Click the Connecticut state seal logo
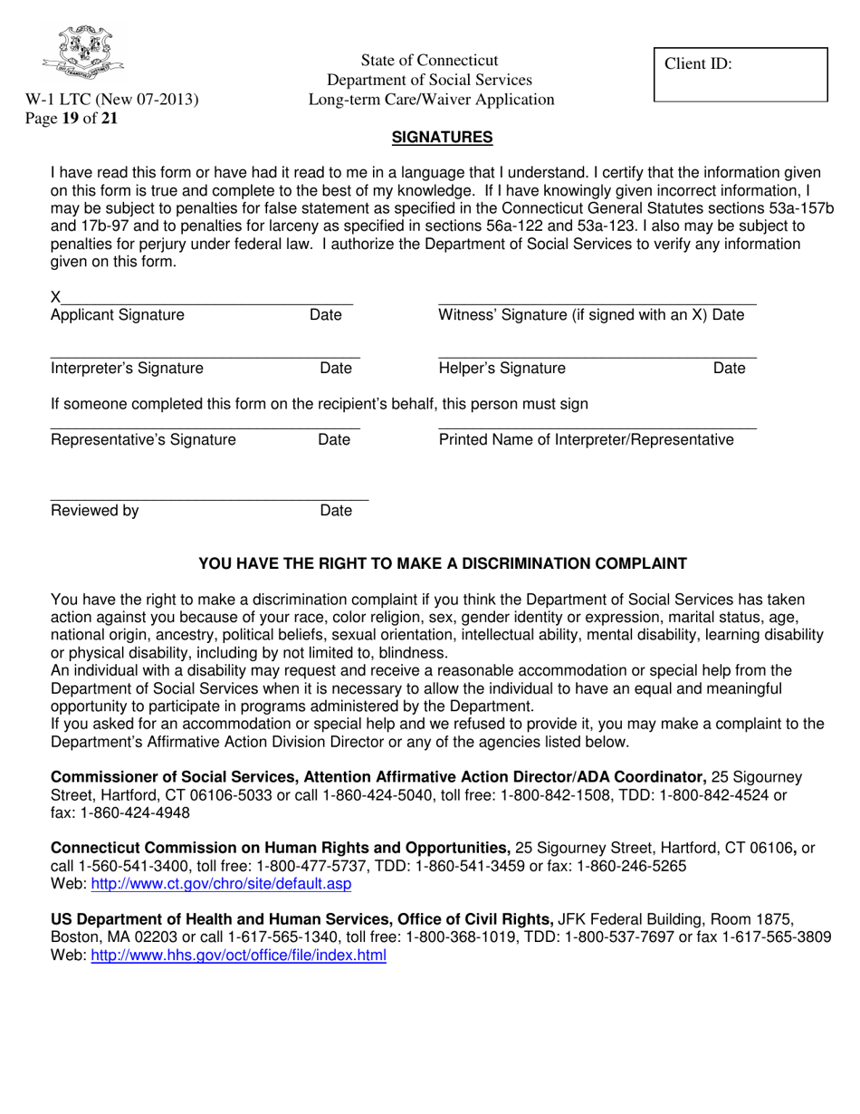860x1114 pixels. click(x=84, y=53)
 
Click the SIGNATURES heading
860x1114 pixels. click(x=442, y=138)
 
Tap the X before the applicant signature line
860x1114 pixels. click(x=55, y=296)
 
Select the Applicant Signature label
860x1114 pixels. click(x=117, y=315)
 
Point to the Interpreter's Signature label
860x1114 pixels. click(x=127, y=368)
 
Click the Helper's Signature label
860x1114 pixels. click(x=502, y=368)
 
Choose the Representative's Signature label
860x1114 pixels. click(x=143, y=440)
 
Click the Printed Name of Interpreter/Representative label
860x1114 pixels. click(x=586, y=440)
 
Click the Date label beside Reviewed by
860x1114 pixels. click(x=336, y=511)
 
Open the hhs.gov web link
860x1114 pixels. click(x=238, y=955)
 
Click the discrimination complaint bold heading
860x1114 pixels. click(x=443, y=563)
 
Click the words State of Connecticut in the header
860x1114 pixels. click(x=429, y=61)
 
